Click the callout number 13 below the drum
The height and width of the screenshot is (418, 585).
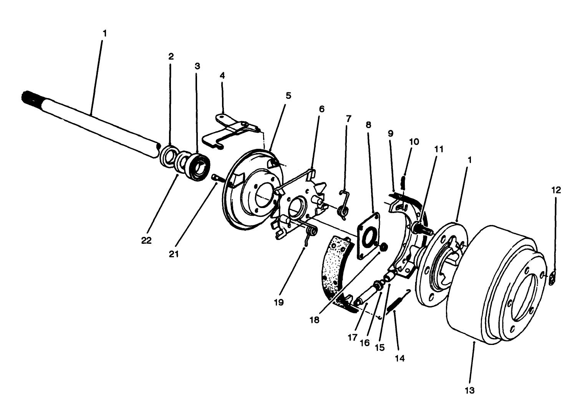click(469, 390)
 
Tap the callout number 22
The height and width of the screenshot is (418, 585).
click(146, 240)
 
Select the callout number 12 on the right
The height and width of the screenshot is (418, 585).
click(556, 190)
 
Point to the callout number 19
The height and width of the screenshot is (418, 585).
click(279, 302)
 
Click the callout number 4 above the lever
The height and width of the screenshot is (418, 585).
click(222, 75)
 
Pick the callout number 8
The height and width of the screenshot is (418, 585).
click(368, 125)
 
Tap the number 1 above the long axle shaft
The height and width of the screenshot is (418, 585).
click(104, 33)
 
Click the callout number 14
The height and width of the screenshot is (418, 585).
click(399, 358)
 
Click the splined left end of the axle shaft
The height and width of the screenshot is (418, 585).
click(29, 100)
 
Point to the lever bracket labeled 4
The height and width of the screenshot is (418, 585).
click(230, 130)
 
